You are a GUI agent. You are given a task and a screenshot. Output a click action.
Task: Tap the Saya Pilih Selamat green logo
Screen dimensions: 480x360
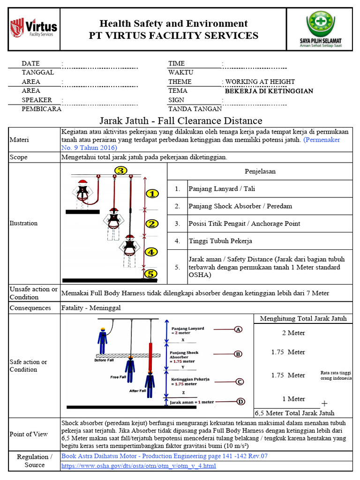coord(321,29)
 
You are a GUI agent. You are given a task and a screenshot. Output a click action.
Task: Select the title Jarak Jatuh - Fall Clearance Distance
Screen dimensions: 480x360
coord(180,121)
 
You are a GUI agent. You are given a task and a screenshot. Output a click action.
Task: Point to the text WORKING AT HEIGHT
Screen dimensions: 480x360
coord(260,82)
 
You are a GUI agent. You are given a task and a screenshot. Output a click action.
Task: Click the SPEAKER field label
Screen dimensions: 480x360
coord(37,100)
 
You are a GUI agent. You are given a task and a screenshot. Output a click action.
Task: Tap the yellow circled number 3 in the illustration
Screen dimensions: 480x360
coord(121,171)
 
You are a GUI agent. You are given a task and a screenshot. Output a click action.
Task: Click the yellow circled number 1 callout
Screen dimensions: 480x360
coord(151,194)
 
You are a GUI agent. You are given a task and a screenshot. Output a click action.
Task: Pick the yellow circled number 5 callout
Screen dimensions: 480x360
coord(150,274)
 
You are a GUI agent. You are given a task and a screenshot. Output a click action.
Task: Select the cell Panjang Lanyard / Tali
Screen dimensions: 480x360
coord(221,189)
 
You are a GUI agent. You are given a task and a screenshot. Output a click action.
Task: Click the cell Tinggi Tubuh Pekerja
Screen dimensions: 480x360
coord(220,241)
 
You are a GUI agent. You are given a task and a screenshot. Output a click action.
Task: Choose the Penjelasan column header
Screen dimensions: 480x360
coord(260,171)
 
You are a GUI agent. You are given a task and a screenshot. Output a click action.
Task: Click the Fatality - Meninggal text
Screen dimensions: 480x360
coord(91,308)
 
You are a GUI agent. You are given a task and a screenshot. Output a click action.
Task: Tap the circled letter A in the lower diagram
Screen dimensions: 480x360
coord(239,330)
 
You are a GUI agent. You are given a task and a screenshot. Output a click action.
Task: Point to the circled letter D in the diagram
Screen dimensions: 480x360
coord(240,401)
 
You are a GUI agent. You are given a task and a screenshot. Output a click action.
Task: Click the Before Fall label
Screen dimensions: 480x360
coord(104,360)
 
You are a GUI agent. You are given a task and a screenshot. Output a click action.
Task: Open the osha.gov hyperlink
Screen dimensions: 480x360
coord(139,466)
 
